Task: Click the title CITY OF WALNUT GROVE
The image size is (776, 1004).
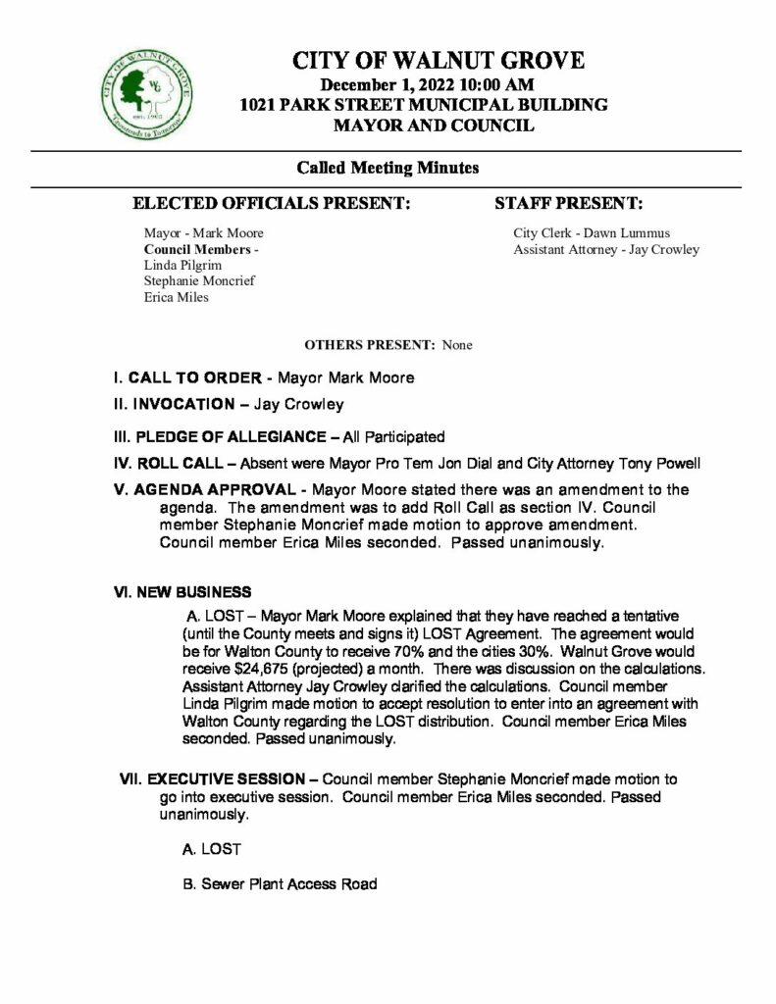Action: click(439, 62)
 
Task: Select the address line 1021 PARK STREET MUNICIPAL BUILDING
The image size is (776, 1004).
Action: click(438, 105)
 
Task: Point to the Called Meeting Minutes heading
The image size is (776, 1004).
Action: click(388, 168)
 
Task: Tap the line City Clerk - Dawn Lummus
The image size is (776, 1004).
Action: click(578, 233)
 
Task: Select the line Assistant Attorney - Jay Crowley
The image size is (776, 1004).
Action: click(606, 249)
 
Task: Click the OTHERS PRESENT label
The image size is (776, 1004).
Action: click(371, 345)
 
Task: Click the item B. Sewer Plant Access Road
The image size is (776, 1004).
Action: click(280, 883)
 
